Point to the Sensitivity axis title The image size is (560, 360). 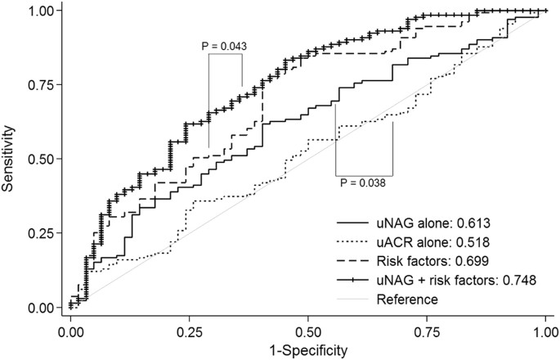[x=9, y=158]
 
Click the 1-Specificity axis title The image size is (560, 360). [x=307, y=349]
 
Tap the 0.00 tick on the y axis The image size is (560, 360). [x=38, y=308]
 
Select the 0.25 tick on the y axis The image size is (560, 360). [x=38, y=233]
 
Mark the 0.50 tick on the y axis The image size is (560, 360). [x=38, y=159]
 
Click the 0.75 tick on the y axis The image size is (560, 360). [x=38, y=85]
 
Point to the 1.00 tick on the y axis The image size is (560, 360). [x=38, y=11]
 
